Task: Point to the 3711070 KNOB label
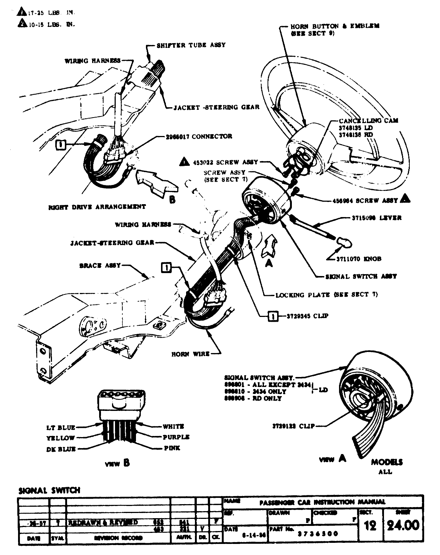[x=359, y=259]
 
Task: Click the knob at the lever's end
[x=344, y=242]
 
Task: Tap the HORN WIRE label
[x=190, y=354]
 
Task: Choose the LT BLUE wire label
[x=61, y=427]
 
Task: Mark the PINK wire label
[x=172, y=448]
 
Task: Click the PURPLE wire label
[x=176, y=437]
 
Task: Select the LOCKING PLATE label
[x=326, y=294]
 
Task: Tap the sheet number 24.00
[x=403, y=524]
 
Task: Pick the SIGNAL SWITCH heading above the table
[x=49, y=490]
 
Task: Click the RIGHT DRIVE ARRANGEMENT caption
[x=97, y=207]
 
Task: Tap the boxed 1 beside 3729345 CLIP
[x=272, y=316]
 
